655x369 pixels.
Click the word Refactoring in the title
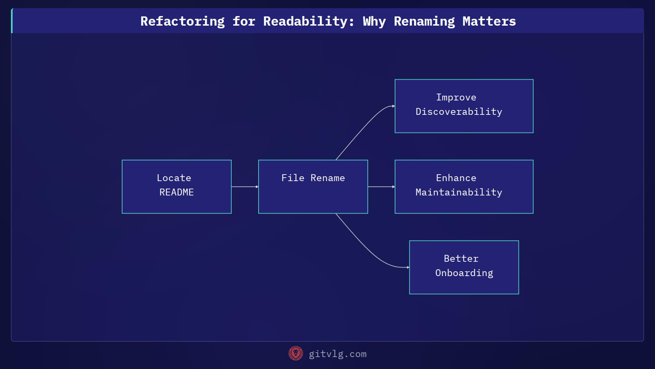tap(183, 21)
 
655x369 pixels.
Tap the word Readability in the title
tap(308, 21)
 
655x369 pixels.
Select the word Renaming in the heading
tap(424, 21)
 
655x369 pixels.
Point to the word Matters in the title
tap(489, 21)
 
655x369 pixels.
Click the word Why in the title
tap(374, 21)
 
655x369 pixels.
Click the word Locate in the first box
tap(174, 178)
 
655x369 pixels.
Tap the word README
tap(176, 192)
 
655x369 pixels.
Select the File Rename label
tap(313, 178)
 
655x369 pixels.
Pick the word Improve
tap(456, 97)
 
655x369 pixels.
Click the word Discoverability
tap(458, 112)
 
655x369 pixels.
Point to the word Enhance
tap(456, 178)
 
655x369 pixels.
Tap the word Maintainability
tap(458, 192)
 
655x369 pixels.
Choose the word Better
tap(461, 259)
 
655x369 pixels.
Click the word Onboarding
tap(464, 273)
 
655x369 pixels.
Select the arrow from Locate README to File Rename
tap(244, 187)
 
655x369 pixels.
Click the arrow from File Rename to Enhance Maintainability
tap(381, 187)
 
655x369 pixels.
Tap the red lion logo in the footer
tap(295, 354)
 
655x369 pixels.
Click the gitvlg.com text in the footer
tap(337, 354)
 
